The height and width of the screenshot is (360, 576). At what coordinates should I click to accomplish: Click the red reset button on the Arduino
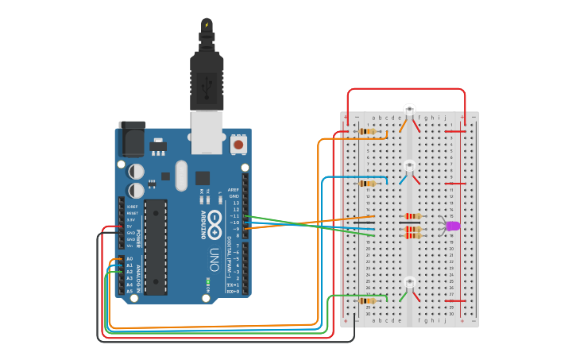click(238, 145)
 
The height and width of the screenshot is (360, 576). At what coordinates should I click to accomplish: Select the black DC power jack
click(132, 140)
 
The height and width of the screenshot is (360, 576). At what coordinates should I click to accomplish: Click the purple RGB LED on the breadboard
click(452, 226)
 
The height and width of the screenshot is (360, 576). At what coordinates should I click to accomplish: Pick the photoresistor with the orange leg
click(409, 109)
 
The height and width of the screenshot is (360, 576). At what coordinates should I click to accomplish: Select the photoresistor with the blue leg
click(409, 165)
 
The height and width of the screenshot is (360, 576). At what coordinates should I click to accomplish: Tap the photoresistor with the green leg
click(409, 282)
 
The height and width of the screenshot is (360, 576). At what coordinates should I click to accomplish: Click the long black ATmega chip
click(156, 246)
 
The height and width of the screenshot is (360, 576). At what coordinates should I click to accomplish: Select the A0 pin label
click(130, 259)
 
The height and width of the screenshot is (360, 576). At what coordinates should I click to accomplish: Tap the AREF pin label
click(234, 190)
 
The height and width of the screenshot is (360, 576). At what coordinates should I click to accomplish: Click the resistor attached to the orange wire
click(367, 131)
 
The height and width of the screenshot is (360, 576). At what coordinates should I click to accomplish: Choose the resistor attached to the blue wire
click(367, 183)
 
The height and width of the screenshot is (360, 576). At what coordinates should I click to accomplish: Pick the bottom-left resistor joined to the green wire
click(367, 300)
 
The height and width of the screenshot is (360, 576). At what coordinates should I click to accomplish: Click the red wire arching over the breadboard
click(405, 90)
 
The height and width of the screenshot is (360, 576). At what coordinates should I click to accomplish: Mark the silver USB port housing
click(207, 131)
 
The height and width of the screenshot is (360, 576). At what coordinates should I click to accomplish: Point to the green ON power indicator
click(207, 281)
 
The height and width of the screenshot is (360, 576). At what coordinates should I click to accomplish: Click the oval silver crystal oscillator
click(181, 175)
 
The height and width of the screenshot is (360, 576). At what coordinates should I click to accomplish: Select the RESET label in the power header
click(132, 213)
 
